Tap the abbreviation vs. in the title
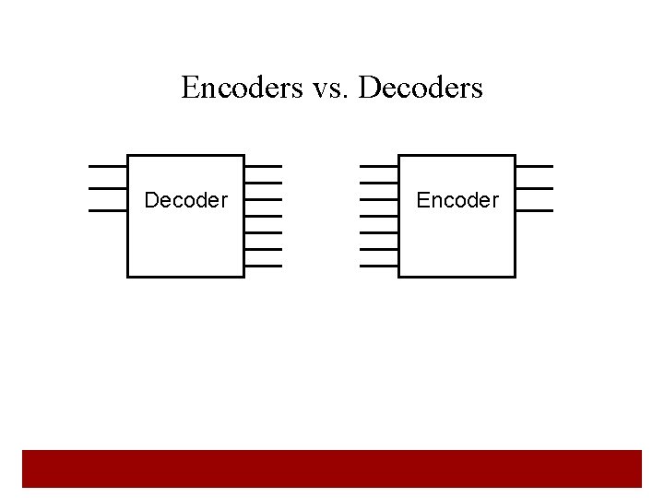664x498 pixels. click(328, 88)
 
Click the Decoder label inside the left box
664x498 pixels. click(185, 200)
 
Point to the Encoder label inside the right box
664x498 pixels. click(457, 200)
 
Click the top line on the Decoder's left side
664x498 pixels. click(108, 166)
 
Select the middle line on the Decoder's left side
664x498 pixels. click(108, 188)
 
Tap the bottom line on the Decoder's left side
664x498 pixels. click(108, 210)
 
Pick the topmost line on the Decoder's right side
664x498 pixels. click(263, 166)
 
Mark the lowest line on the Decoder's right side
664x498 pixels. click(263, 266)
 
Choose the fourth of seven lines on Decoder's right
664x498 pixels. click(263, 216)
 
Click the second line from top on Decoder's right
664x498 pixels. click(263, 183)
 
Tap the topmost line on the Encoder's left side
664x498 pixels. click(379, 166)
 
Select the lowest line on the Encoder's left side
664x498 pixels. click(379, 266)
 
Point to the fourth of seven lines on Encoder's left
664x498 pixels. click(379, 216)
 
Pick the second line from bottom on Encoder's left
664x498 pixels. click(379, 249)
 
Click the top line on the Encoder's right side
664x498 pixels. click(534, 166)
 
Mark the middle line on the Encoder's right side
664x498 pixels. click(534, 188)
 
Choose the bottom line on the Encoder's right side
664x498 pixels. click(534, 210)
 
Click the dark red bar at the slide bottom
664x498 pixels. click(332, 468)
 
